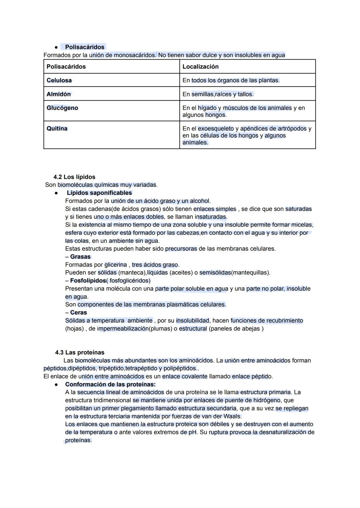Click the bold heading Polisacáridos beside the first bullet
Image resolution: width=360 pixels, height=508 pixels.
pos(85,47)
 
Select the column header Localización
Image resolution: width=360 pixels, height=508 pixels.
pos(200,67)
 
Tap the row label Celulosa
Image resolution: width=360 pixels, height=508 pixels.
pos(59,80)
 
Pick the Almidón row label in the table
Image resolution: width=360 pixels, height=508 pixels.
pos(59,94)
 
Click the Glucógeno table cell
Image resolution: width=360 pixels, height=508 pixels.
pos(62,108)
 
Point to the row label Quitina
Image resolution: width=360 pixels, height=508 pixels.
pos(57,129)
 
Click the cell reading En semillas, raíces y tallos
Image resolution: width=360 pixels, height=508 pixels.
pos(218,94)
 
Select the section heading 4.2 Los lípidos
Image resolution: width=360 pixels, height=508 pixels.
pos(74,177)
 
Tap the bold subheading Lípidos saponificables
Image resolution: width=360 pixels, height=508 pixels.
pos(99,193)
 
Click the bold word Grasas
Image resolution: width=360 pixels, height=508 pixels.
pos(80,257)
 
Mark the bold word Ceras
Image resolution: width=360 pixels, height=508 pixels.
pos(78,312)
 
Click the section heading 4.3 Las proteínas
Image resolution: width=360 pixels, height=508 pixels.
pos(80,352)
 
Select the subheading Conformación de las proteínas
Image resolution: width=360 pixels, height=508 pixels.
pos(110,384)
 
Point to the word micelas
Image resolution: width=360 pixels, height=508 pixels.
pos(302,225)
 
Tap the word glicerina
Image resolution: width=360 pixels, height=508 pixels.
pos(116,265)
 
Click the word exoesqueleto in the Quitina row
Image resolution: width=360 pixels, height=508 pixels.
pos(216,129)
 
